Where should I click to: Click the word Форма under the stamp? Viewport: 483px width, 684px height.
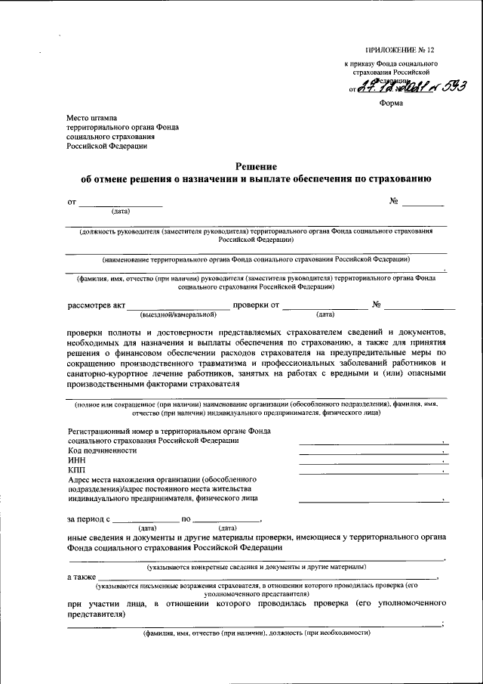391,104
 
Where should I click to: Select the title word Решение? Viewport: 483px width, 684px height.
256,166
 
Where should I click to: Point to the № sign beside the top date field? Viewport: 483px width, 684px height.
393,202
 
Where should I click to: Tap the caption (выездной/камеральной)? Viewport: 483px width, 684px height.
178,314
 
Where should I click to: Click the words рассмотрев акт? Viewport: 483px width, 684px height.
97,305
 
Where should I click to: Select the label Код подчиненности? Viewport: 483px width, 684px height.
103,450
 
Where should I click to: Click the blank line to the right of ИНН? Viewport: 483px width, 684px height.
370,462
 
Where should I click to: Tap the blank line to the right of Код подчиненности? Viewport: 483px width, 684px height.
370,452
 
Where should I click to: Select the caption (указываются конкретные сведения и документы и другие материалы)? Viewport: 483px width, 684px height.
257,566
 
